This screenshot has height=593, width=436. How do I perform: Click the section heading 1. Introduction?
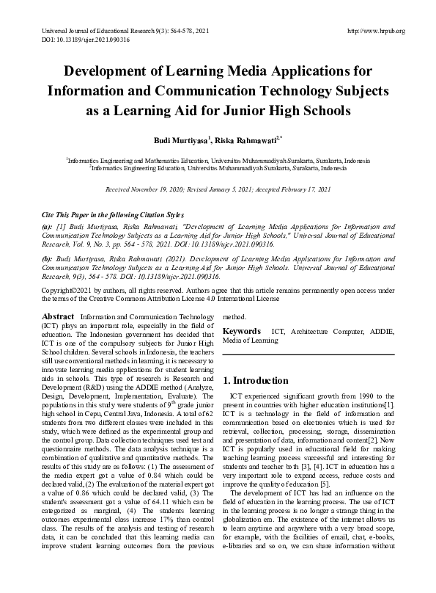click(x=256, y=381)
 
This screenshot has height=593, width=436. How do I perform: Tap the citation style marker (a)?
click(x=47, y=228)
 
